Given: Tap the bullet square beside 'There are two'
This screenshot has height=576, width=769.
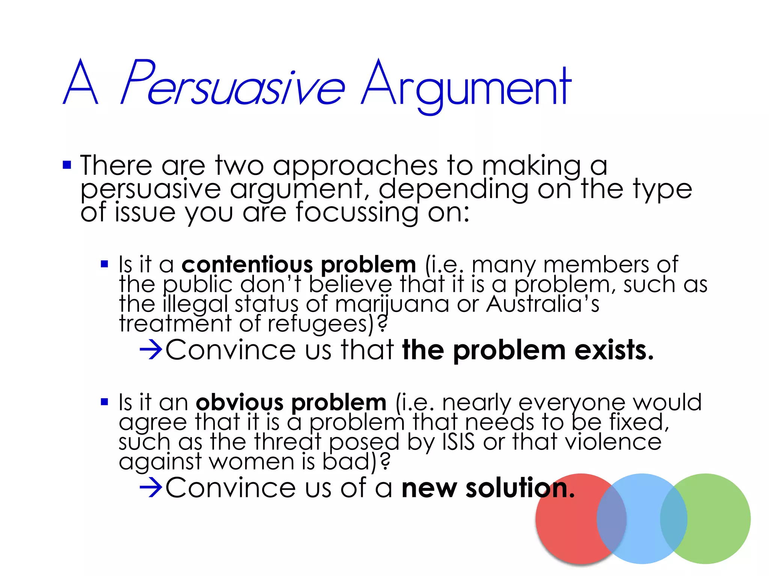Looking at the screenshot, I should coord(67,165).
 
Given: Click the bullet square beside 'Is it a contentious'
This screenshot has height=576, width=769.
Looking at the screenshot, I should coord(104,264).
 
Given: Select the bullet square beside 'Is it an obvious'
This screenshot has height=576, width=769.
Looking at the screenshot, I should coord(104,402).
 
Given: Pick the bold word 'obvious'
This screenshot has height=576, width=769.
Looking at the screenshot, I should coord(239,402).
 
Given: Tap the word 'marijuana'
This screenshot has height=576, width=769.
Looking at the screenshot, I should coord(392,304).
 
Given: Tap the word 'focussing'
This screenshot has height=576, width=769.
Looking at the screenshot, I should coord(357,213).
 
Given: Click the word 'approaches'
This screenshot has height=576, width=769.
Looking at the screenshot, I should coord(355,166).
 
